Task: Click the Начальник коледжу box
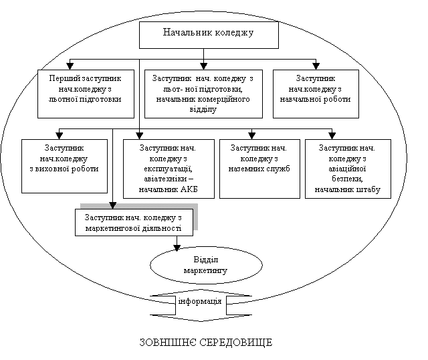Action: tap(208, 34)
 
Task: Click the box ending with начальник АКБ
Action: tap(168, 169)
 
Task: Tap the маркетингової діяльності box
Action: tap(134, 222)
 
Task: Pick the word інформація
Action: tap(200, 302)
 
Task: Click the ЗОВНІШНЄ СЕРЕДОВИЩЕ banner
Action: tap(205, 343)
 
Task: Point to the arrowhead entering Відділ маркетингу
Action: tap(177, 247)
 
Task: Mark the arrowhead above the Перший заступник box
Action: tap(69, 66)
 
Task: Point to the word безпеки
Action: tap(346, 179)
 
